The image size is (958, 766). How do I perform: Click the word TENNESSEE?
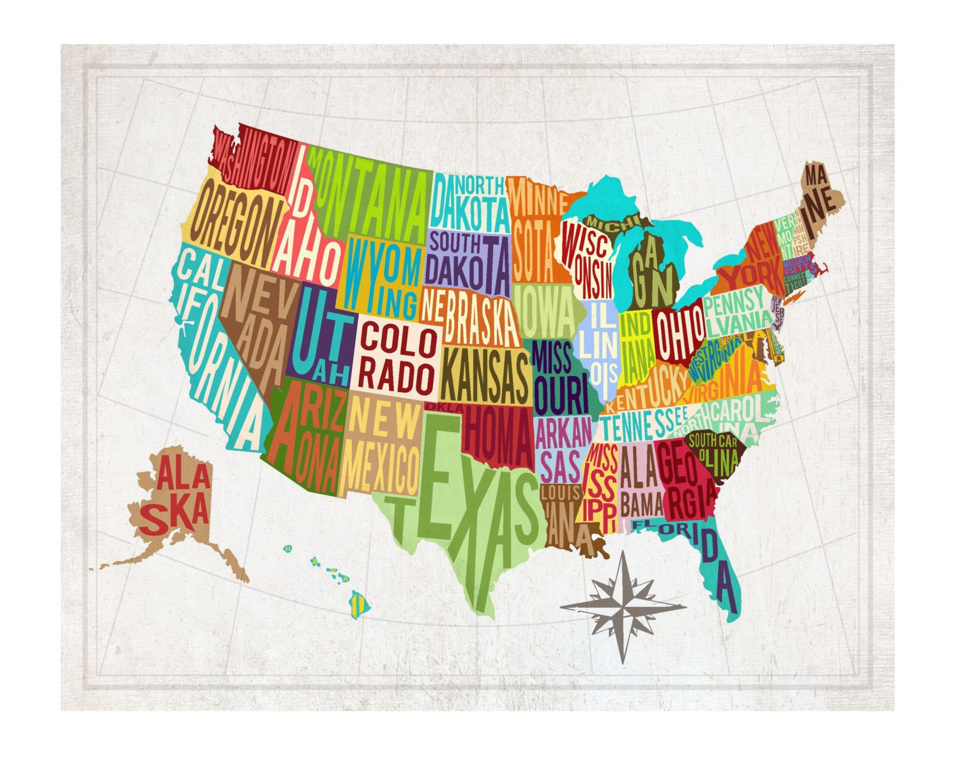(x=642, y=421)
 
